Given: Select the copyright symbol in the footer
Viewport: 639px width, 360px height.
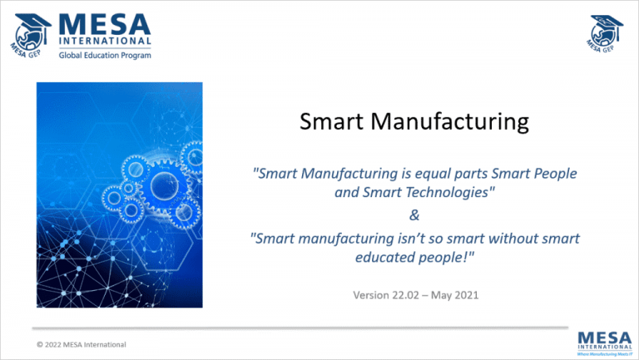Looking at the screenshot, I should point(40,344).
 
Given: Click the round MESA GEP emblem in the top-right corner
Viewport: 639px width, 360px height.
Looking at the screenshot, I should point(606,35).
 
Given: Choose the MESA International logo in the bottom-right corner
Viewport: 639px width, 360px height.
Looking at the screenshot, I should point(605,341).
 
